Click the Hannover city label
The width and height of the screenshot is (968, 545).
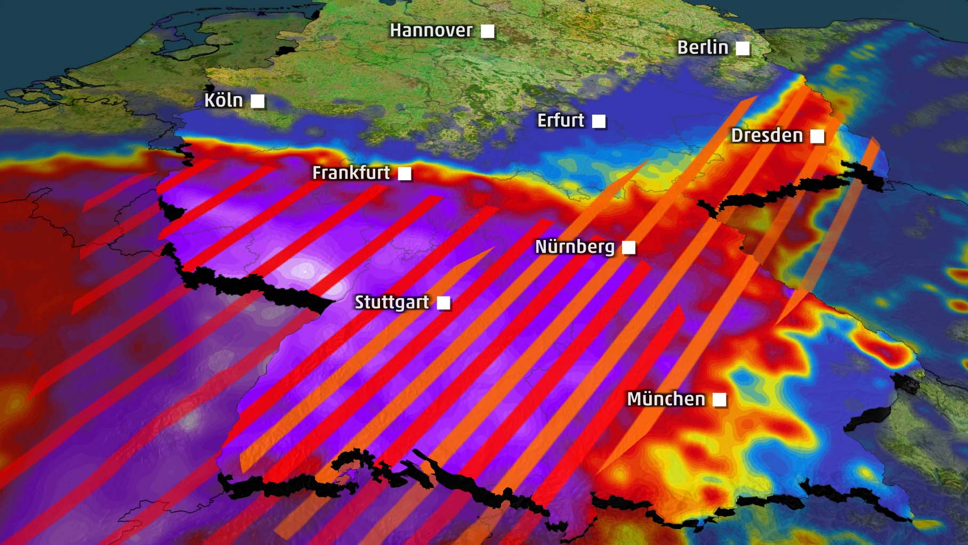point(431,30)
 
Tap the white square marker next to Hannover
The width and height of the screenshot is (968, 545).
point(487,31)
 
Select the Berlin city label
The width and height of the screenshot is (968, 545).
point(703,47)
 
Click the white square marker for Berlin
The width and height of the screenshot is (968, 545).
point(743,49)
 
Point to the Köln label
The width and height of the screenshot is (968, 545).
point(223,100)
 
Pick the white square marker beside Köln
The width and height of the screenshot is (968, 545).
point(257,101)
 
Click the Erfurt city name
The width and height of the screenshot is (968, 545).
point(560,121)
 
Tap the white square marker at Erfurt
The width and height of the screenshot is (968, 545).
point(599,122)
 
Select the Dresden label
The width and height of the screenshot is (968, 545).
point(767,135)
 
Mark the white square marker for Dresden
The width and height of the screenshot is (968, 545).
point(817,137)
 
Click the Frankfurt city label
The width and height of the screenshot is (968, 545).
point(351,173)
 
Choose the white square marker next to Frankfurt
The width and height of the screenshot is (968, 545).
point(405,173)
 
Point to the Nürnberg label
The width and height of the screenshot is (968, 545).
point(575,247)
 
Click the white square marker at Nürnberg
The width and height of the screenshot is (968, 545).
point(629,247)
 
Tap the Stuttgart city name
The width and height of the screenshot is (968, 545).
point(392,302)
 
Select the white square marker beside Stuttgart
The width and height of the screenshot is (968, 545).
point(443,303)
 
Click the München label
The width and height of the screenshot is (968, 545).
point(666,399)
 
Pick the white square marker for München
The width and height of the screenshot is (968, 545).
point(720,399)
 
